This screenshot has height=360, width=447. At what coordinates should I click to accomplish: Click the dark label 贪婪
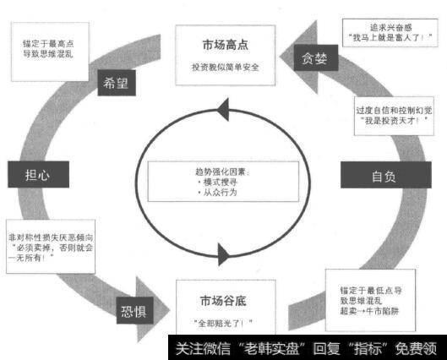click(x=319, y=58)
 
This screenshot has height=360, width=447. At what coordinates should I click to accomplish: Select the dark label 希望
click(x=117, y=85)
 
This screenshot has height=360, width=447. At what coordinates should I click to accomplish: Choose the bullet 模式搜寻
click(x=217, y=181)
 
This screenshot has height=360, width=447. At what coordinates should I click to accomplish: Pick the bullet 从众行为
click(x=217, y=193)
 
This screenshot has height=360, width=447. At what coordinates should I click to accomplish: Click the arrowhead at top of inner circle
click(x=222, y=107)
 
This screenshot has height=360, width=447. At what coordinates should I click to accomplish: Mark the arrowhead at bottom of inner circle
click(x=225, y=254)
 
